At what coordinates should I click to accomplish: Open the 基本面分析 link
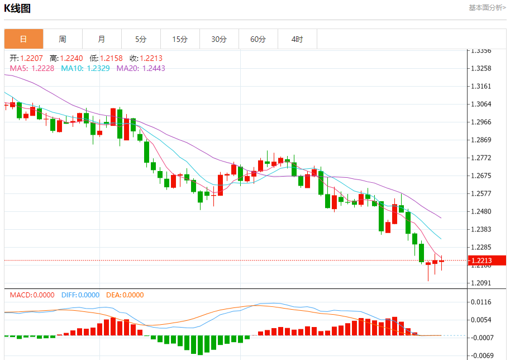[x=487, y=8]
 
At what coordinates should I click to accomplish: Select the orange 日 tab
[x=23, y=39]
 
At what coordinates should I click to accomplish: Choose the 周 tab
[x=63, y=39]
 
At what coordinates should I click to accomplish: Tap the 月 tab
[x=102, y=39]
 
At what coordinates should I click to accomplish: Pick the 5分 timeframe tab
[x=141, y=39]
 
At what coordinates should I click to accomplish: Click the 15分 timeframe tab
[x=180, y=39]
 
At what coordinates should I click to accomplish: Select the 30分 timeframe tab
[x=219, y=39]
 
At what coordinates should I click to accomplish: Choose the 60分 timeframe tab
[x=258, y=39]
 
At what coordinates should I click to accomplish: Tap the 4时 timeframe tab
[x=297, y=39]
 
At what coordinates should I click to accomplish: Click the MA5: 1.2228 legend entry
[x=32, y=68]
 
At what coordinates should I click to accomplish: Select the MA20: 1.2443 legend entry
[x=141, y=68]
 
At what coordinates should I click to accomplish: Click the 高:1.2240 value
[x=66, y=58]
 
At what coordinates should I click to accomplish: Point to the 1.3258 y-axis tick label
[x=481, y=68]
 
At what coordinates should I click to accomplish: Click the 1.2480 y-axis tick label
[x=481, y=211]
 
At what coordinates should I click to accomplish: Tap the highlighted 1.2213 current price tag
[x=481, y=260]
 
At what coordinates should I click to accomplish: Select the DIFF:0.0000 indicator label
[x=80, y=295]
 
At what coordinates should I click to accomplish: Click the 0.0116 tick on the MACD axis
[x=481, y=302]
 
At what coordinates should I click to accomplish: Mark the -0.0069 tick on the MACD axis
[x=481, y=356]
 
